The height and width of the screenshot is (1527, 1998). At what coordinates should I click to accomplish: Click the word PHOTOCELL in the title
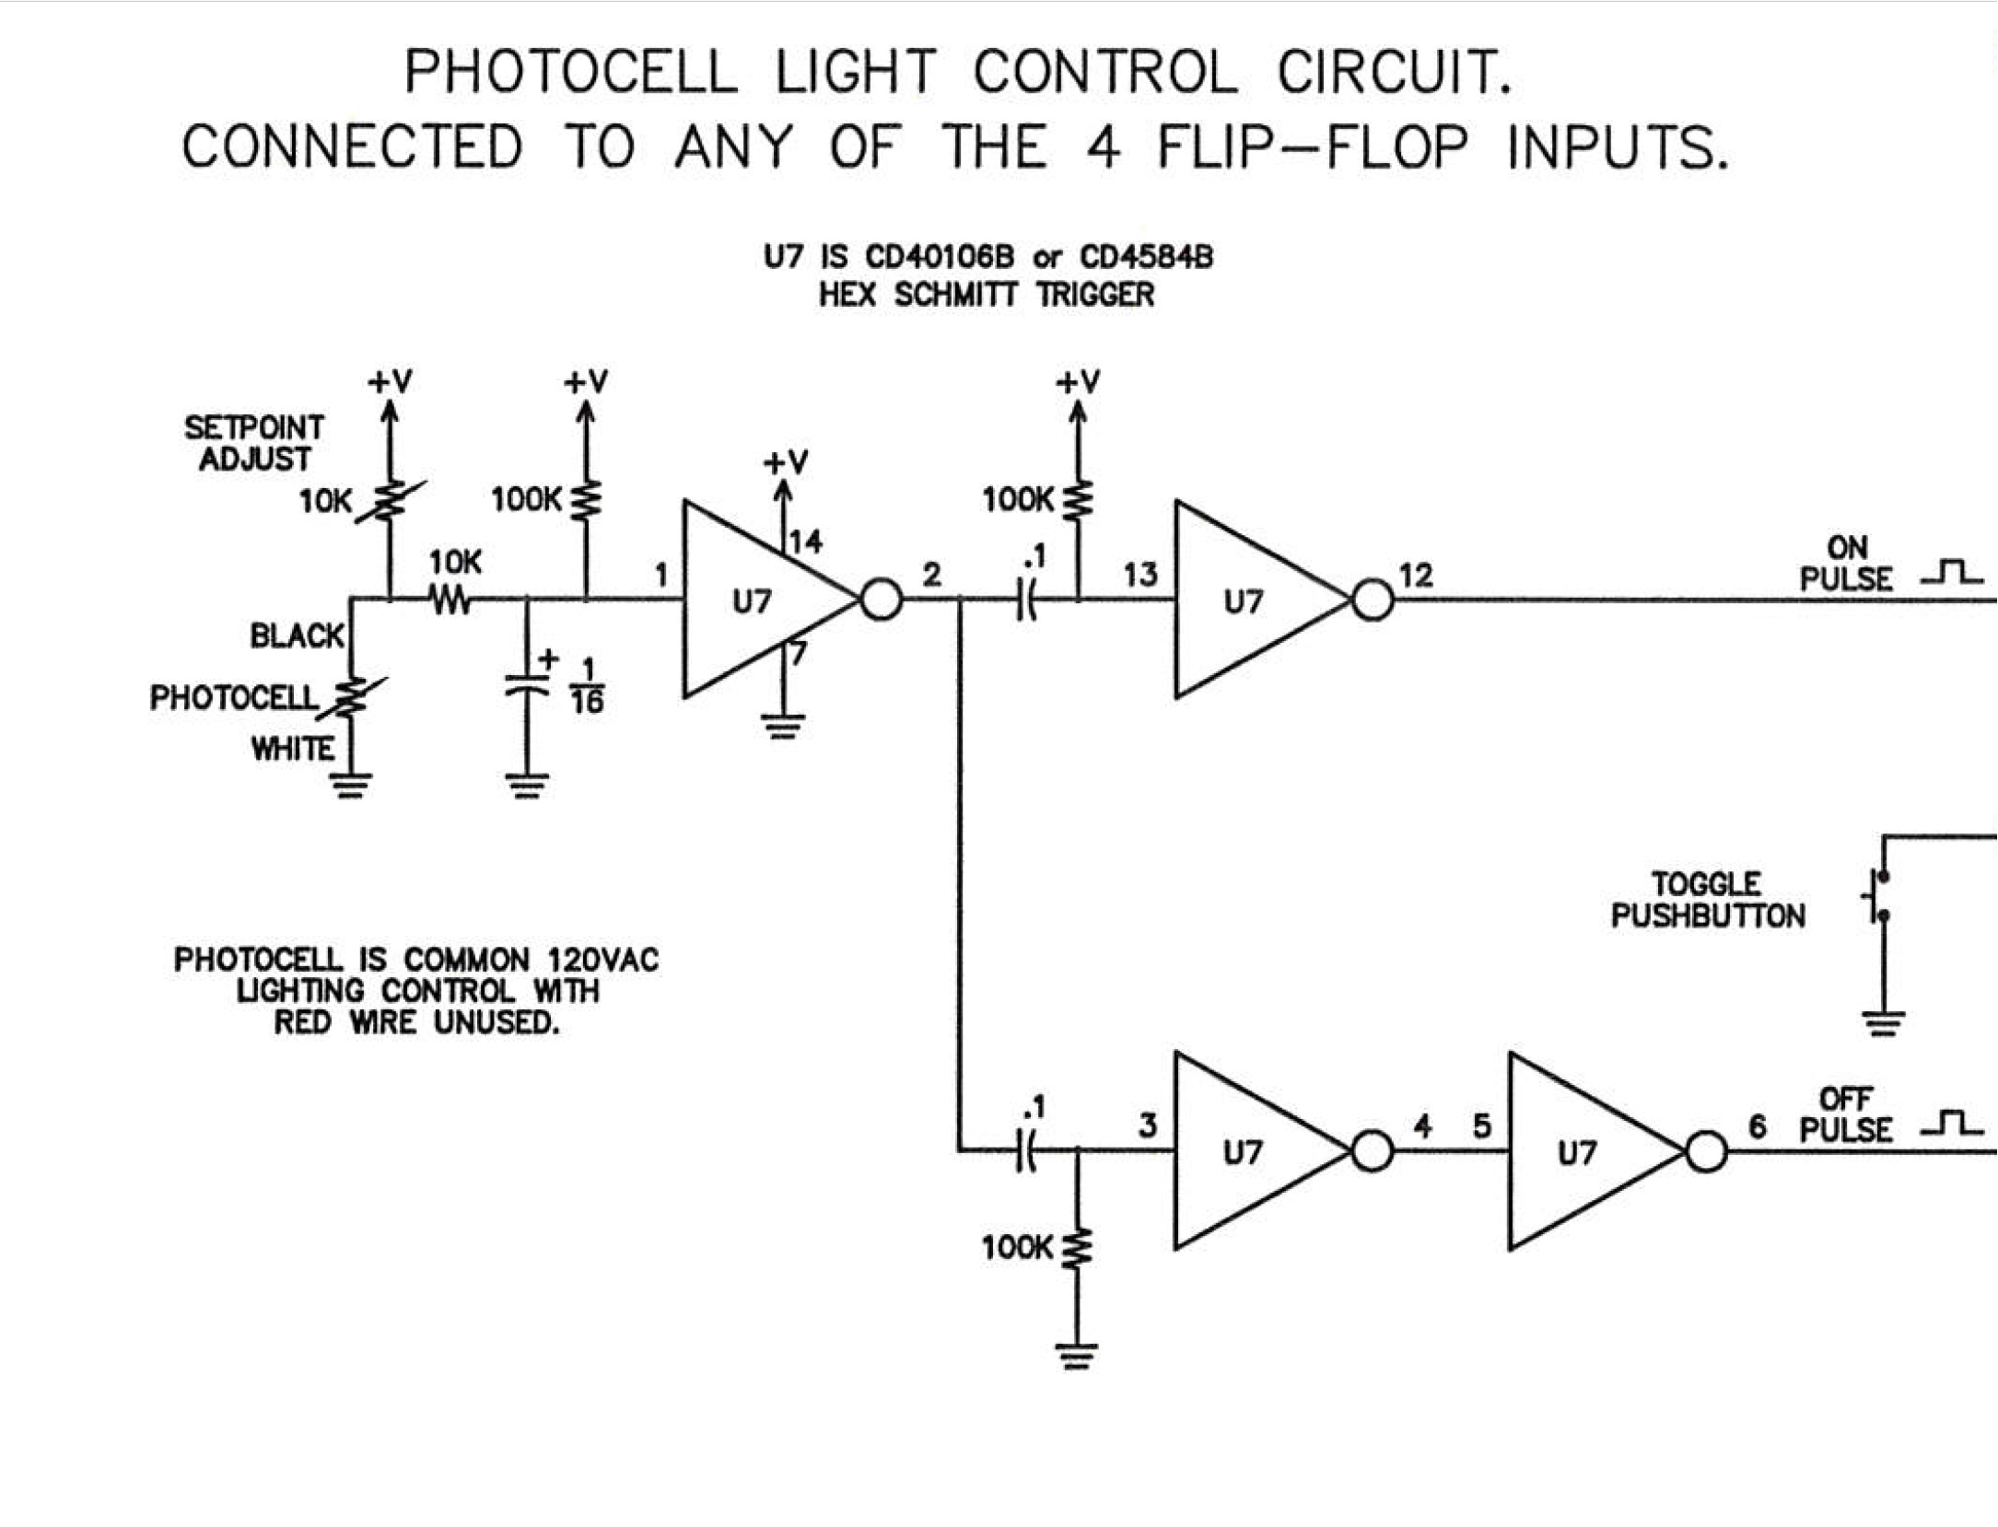click(x=571, y=72)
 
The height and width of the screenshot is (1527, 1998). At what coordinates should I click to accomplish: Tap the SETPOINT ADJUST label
click(x=254, y=443)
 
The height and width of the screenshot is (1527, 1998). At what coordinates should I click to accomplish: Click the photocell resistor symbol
click(x=351, y=698)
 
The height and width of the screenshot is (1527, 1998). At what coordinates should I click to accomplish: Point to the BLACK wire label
click(x=297, y=635)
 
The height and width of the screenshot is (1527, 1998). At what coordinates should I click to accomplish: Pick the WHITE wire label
click(x=293, y=749)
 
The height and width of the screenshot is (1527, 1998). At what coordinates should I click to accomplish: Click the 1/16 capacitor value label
click(x=587, y=686)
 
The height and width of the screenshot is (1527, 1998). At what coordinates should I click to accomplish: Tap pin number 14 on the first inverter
click(x=806, y=542)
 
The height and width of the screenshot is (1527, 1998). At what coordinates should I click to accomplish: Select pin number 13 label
click(x=1140, y=576)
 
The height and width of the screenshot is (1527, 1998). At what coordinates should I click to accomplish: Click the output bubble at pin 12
click(x=1373, y=600)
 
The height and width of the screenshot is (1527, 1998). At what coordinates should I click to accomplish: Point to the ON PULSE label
click(x=1846, y=564)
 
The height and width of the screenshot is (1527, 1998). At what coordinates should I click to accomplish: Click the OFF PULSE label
click(x=1846, y=1114)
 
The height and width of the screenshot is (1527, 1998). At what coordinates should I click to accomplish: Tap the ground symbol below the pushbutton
click(x=1884, y=1023)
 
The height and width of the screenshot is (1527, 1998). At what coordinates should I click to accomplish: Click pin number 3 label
click(x=1148, y=1125)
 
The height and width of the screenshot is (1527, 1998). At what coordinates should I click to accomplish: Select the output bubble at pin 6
click(x=1706, y=1152)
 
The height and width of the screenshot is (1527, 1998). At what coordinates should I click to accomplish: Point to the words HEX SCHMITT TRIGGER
click(x=987, y=296)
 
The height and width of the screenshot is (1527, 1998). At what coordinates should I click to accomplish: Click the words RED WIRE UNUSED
click(x=416, y=1022)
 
